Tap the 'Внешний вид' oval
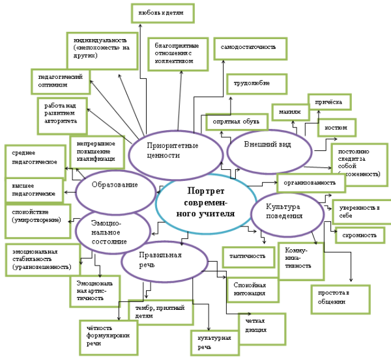click(267, 145)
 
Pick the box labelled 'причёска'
click(329, 102)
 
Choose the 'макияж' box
click(289, 112)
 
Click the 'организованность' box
click(310, 183)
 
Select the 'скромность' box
click(359, 235)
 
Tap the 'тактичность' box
click(248, 256)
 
